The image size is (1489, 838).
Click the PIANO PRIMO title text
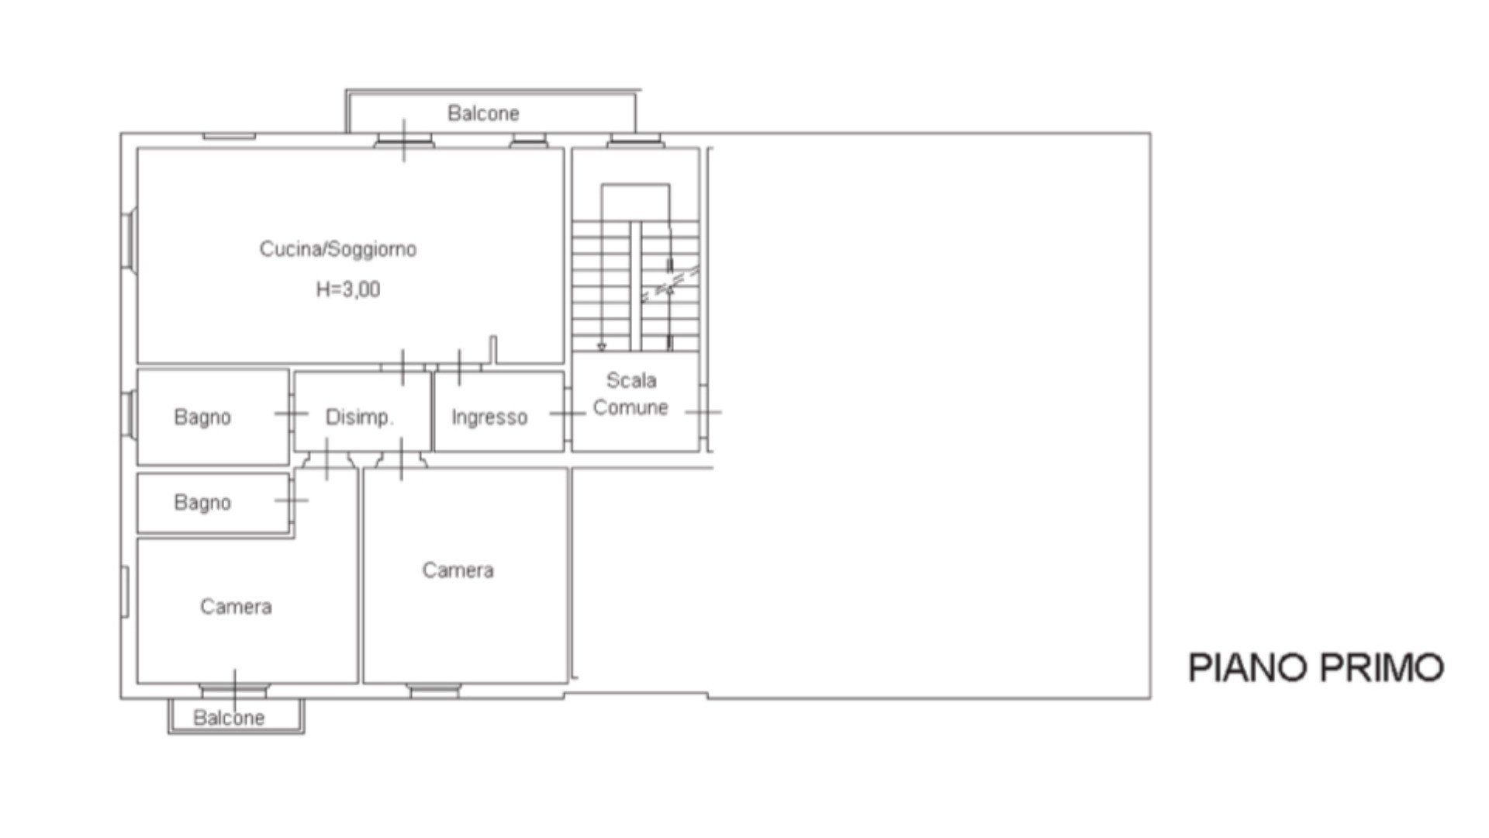1316,668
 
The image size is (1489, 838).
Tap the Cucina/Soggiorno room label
338,249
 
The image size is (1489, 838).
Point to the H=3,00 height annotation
348,289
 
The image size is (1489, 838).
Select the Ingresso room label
489,417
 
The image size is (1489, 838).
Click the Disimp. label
360,417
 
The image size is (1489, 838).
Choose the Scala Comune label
630,394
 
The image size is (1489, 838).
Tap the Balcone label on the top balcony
483,113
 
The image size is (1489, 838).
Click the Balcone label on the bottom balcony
229,718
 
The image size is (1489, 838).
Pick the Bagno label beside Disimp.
202,417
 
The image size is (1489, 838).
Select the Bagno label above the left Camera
202,503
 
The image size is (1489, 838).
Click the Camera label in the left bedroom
236,607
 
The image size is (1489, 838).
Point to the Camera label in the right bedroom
458,570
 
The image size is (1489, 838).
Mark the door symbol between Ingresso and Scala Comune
568,414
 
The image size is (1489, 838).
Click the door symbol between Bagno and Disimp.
292,414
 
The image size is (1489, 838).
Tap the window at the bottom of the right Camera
434,691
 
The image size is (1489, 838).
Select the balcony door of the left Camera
234,689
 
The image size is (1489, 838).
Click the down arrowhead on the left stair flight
601,347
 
